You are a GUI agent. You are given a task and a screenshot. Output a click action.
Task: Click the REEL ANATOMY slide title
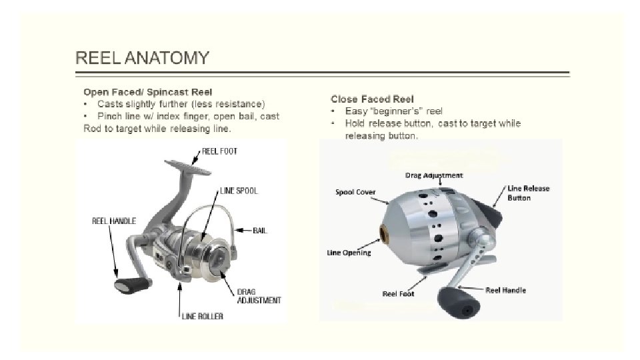[x=142, y=58]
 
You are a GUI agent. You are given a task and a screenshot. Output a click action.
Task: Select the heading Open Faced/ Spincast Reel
[x=147, y=92]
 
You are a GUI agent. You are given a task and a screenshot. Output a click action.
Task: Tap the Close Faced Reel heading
[x=371, y=99]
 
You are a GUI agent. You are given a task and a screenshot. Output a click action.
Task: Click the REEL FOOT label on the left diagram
[x=220, y=151]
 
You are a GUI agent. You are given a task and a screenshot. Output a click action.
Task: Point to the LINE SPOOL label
[x=239, y=191]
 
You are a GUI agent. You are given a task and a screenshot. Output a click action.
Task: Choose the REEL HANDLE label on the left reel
[x=114, y=221]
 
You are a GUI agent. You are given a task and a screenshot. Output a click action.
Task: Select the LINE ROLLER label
[x=203, y=316]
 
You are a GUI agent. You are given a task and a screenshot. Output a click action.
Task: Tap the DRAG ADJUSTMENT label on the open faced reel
[x=259, y=296]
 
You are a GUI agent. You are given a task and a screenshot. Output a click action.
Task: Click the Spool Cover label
[x=355, y=193]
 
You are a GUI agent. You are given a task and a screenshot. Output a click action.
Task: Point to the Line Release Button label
[x=529, y=193]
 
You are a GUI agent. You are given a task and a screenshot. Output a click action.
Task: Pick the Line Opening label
[x=348, y=253]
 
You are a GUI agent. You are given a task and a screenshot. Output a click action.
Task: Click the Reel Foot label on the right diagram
[x=399, y=293]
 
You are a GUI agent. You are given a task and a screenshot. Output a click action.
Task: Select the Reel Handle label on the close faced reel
[x=505, y=290]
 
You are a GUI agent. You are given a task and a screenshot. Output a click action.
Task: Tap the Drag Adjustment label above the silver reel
[x=434, y=175]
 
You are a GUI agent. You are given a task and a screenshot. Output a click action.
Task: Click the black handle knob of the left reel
[x=129, y=286]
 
